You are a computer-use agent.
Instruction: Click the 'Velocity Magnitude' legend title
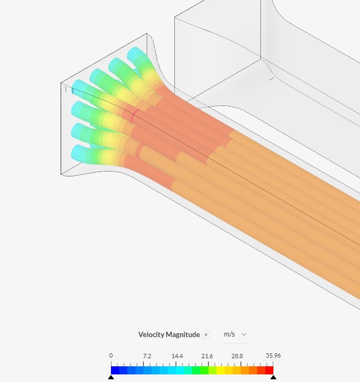pos(169,334)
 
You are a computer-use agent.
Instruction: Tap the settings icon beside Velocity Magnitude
pos(206,335)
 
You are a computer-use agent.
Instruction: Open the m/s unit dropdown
pos(235,334)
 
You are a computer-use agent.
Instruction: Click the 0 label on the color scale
pos(111,355)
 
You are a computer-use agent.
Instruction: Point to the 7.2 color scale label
pos(147,356)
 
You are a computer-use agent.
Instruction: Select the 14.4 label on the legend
pos(177,356)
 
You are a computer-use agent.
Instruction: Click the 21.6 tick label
pos(207,356)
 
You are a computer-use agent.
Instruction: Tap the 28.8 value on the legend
pos(237,356)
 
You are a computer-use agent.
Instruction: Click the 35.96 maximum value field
pos(273,355)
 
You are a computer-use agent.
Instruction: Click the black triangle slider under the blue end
pos(111,377)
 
